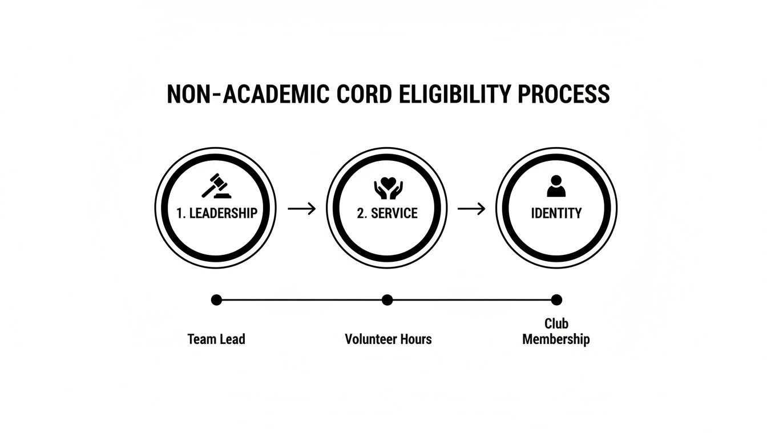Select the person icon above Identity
[556, 186]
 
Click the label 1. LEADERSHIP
[216, 213]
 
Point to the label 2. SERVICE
[387, 213]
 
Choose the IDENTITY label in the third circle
[556, 213]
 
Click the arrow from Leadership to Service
[301, 209]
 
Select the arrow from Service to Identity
[471, 209]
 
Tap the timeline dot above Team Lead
[216, 300]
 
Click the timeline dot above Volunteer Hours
[387, 300]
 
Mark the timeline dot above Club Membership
[556, 300]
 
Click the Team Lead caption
[216, 339]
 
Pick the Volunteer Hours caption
[388, 339]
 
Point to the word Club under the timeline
[556, 324]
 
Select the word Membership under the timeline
[556, 339]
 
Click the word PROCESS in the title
[564, 94]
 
